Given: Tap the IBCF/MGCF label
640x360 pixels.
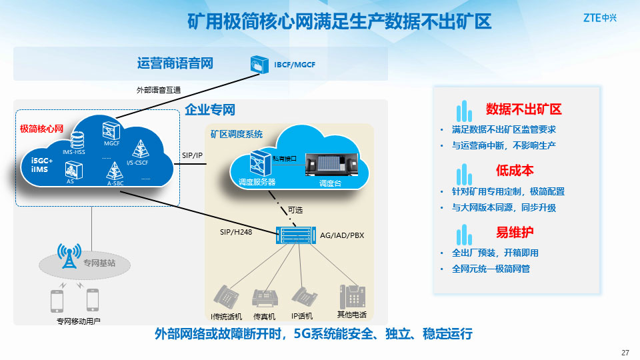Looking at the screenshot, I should [x=294, y=65].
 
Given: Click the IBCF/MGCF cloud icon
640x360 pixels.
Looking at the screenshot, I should [x=258, y=64].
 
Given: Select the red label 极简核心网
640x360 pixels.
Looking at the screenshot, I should [x=41, y=128].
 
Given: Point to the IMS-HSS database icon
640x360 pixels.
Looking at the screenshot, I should [x=78, y=141].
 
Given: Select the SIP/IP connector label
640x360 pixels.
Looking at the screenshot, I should [x=192, y=155].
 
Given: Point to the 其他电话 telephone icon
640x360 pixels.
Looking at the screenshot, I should [x=352, y=297].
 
